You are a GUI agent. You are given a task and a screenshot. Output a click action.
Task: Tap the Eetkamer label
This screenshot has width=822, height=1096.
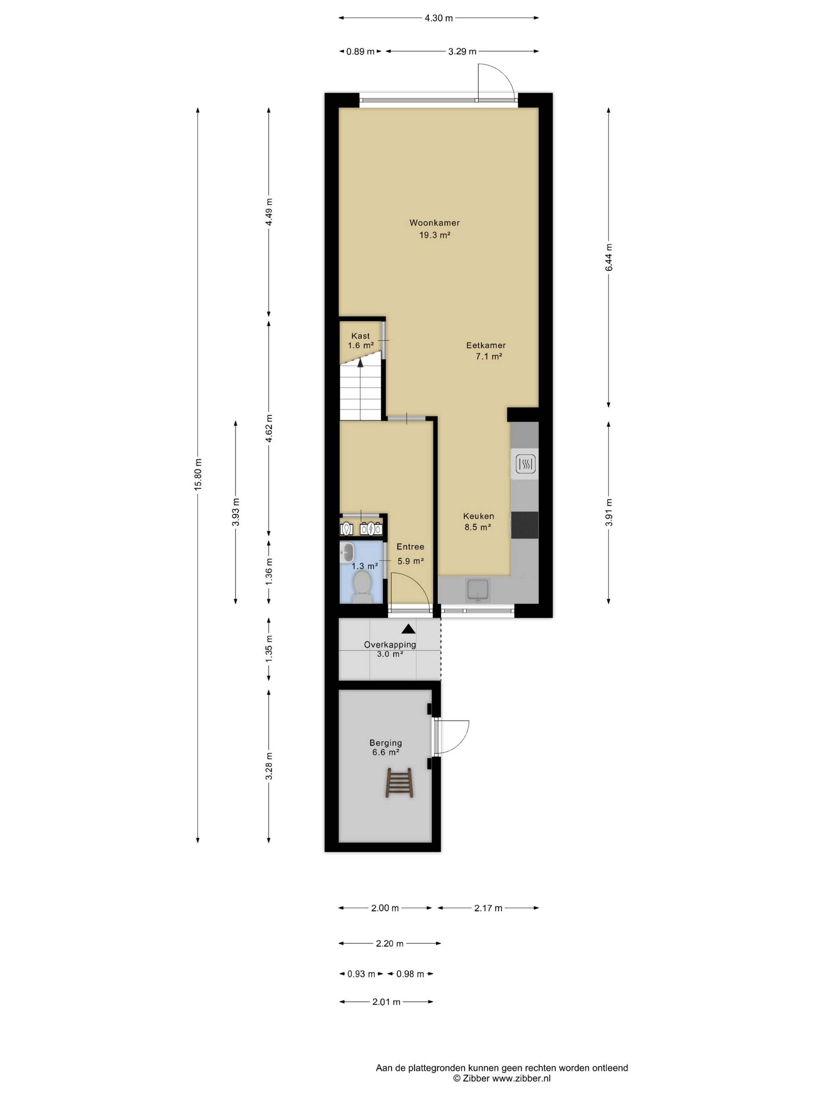tap(486, 345)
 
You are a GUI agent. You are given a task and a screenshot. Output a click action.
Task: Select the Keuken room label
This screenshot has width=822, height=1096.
tap(478, 516)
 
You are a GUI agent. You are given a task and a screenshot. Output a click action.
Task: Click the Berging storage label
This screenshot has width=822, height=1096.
tap(386, 743)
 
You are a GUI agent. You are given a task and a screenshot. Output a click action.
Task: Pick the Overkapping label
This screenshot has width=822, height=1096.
tap(390, 645)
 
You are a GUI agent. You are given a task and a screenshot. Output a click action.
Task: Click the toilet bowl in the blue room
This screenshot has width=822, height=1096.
tap(362, 586)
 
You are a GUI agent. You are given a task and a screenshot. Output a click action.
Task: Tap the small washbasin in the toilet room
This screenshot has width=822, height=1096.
tap(347, 552)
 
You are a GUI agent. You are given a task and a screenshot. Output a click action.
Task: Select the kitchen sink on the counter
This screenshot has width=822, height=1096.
tap(478, 589)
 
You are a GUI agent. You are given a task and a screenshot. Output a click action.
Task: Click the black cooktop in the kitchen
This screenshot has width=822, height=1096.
tap(524, 525)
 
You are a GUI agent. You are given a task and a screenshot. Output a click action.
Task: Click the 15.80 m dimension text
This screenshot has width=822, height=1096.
tap(198, 474)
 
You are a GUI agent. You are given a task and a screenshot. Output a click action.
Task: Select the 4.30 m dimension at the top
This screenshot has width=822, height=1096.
tap(438, 18)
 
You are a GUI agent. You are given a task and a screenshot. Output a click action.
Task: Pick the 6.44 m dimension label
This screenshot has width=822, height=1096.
tap(608, 257)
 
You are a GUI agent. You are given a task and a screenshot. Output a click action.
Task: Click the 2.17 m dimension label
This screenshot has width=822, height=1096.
tap(488, 908)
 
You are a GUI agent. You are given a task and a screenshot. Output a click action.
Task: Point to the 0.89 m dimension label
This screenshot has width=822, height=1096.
tap(360, 51)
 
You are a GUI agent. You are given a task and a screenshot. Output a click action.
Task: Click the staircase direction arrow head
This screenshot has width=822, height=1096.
tap(360, 362)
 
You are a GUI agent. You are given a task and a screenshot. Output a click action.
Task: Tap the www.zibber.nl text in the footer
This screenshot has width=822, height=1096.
tap(521, 1078)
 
